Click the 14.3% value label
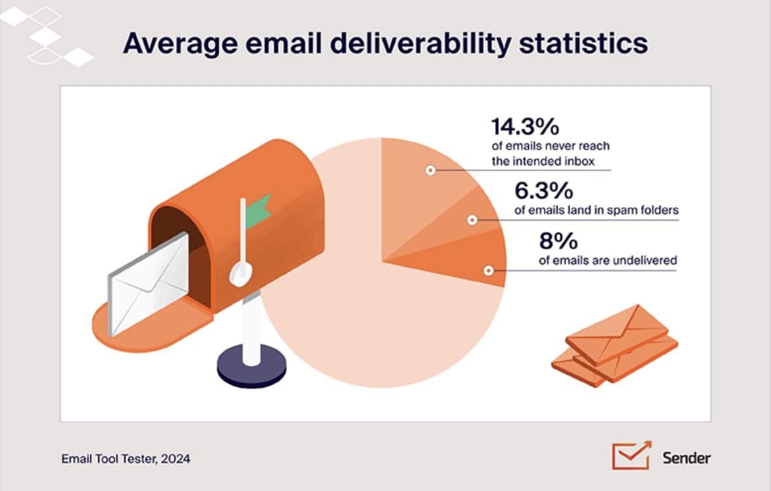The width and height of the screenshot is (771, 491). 525,127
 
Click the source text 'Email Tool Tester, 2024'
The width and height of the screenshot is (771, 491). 126,459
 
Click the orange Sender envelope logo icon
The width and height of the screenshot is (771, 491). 630,455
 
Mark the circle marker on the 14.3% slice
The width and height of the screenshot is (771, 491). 430,171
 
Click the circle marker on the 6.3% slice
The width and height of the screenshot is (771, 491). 471,220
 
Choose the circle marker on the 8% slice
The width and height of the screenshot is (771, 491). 488,270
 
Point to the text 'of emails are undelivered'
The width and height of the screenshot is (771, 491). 608,260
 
